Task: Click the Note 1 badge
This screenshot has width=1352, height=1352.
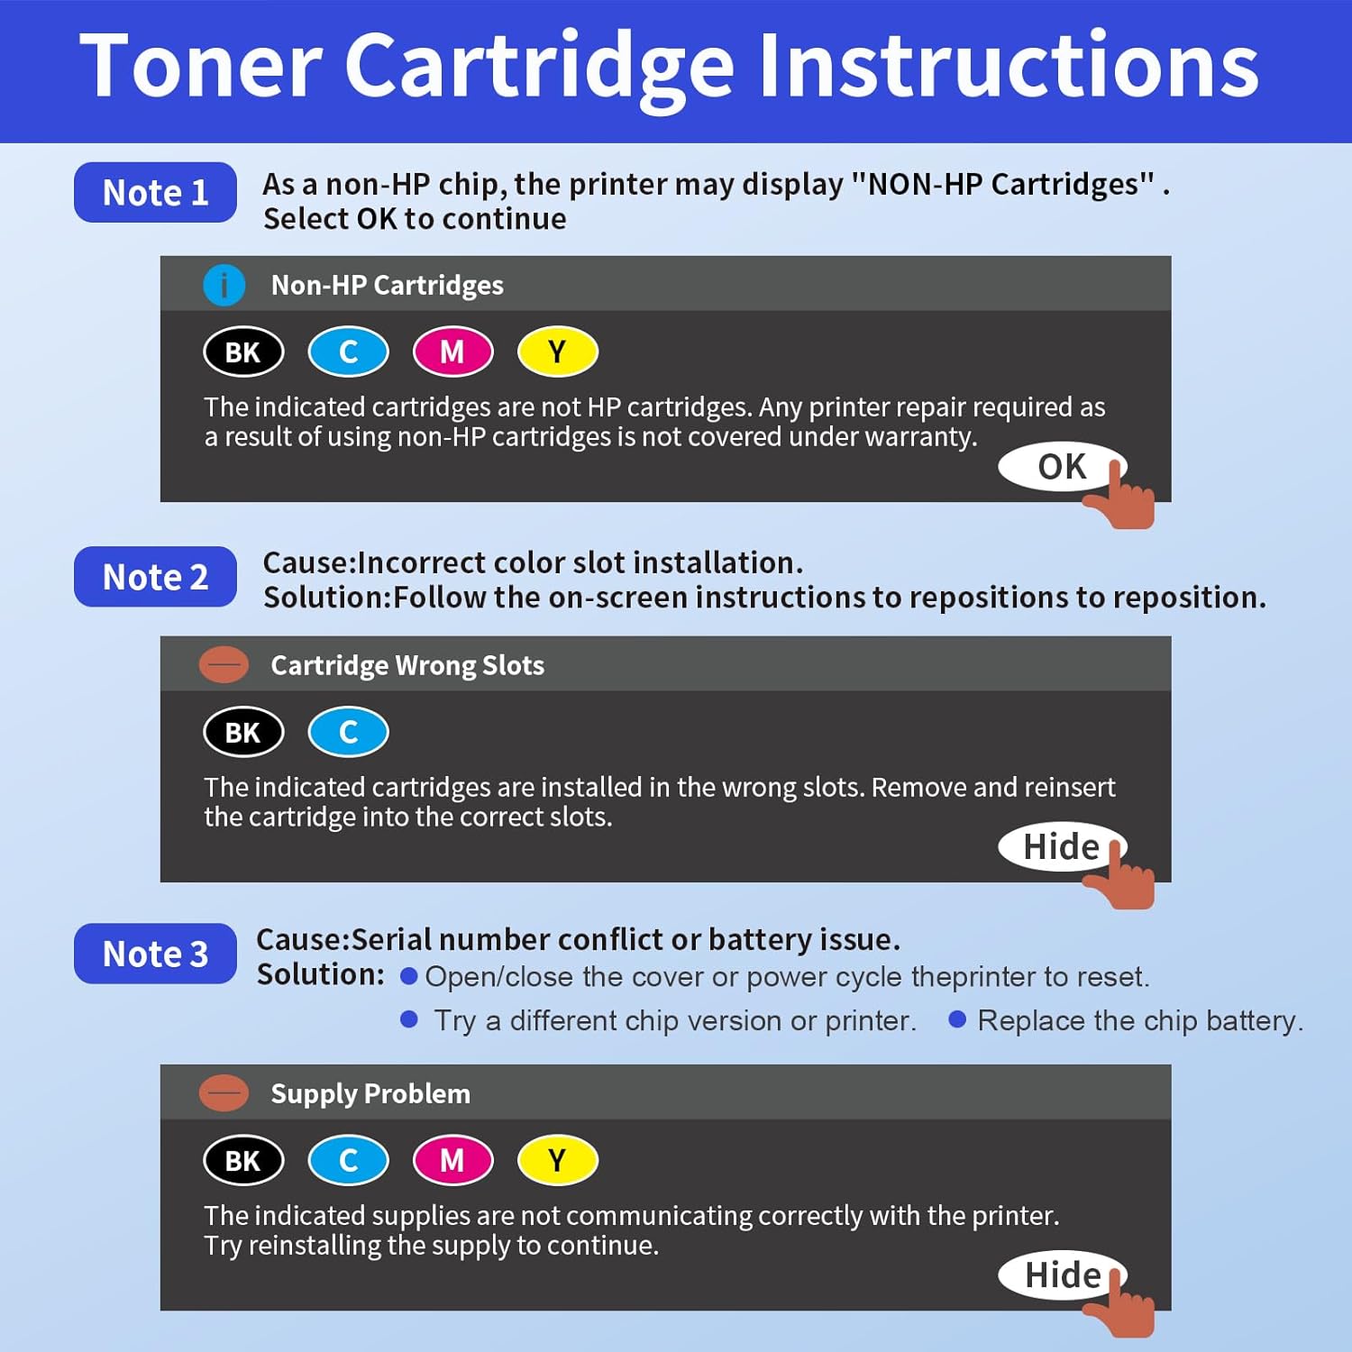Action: (155, 192)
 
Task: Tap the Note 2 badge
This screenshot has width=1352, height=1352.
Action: (155, 577)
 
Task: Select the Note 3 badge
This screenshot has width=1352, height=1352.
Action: (155, 954)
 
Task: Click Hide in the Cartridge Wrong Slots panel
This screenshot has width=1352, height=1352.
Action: (1061, 846)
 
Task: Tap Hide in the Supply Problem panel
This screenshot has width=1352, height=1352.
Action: (1062, 1274)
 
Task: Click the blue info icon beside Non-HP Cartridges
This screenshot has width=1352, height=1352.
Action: (224, 285)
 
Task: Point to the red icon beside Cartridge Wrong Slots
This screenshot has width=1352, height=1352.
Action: (224, 665)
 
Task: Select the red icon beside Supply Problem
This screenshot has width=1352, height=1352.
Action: (224, 1093)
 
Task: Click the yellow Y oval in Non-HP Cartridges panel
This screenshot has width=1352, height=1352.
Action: (557, 352)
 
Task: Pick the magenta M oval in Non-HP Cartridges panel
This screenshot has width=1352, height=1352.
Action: (452, 352)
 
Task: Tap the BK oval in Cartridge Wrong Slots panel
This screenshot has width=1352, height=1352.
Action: (243, 732)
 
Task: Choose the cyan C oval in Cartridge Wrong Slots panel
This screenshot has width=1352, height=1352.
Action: (348, 732)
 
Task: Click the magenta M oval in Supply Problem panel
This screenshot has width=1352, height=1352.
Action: (452, 1160)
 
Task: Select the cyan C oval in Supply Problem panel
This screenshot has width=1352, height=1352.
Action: (348, 1160)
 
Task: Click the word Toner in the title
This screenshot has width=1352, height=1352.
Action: (200, 67)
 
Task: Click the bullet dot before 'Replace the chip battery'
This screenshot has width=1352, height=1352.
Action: (957, 1019)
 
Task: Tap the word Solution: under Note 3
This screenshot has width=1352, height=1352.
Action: (320, 974)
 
